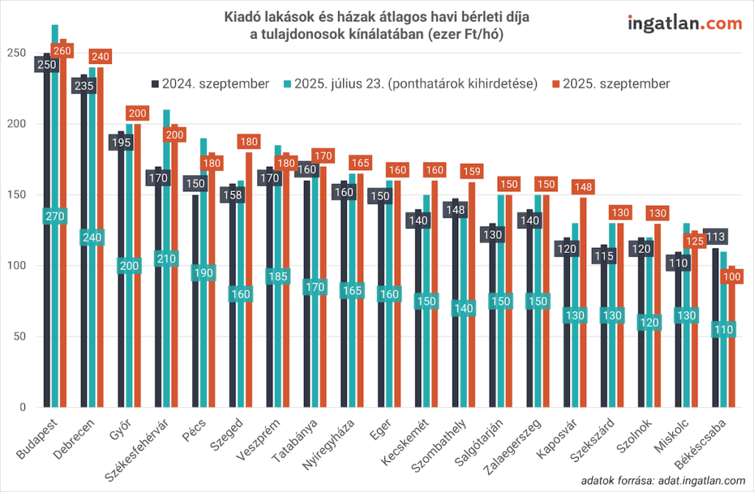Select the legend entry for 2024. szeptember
point(210,83)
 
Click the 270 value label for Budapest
point(55,216)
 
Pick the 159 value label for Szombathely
point(472,172)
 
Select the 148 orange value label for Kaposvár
point(584,188)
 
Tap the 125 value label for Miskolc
point(694,240)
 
